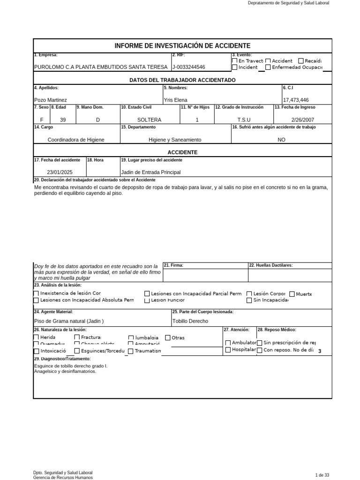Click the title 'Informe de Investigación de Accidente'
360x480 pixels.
pos(182,45)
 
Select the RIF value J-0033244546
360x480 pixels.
pos(189,67)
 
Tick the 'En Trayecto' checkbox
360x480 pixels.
pos(234,60)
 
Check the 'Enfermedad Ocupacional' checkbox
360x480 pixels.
pos(268,67)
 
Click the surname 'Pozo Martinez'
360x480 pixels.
pos(51,100)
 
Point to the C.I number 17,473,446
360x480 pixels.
pos(296,100)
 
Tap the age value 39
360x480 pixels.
pos(63,120)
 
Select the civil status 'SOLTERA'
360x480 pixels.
pos(150,120)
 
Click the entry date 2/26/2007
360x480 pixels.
pos(302,120)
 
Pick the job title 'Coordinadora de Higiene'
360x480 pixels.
pos(76,140)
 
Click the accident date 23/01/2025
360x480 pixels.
pos(60,172)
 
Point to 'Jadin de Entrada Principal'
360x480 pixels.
pos(150,172)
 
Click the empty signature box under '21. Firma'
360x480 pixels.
pos(205,275)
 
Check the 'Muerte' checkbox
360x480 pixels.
pos(292,294)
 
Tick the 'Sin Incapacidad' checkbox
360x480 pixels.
pos(249,300)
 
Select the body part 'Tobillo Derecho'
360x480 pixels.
pos(190,321)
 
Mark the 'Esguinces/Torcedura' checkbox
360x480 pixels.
pos(77,351)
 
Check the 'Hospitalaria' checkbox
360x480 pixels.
pos(228,350)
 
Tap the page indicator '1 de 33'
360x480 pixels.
pos(323,475)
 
